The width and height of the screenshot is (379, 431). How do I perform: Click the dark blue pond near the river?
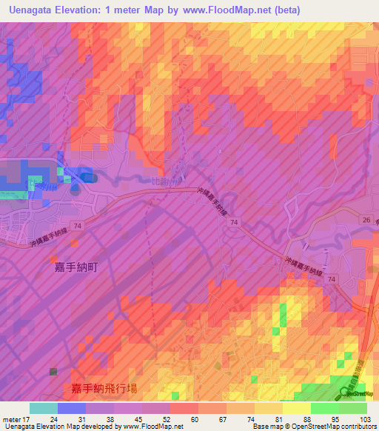86,178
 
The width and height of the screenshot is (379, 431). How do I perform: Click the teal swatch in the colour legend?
44,408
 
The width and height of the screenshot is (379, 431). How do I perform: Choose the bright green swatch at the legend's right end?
353,408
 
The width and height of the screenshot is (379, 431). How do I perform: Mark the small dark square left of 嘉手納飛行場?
53,371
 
